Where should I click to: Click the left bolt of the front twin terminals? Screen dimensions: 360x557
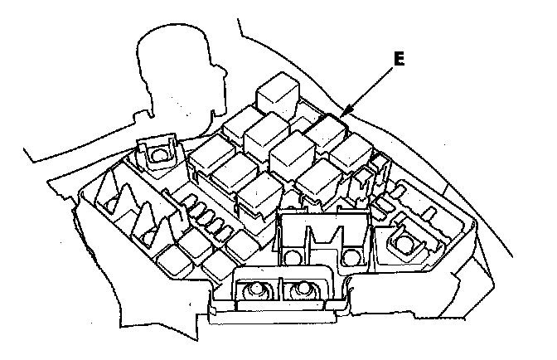tap(255, 289)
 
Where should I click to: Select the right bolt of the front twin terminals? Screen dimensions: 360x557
tap(302, 289)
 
